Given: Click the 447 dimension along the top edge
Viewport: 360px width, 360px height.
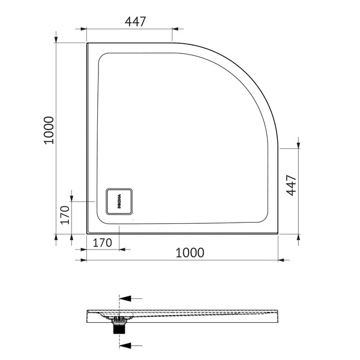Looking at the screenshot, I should coord(136,21).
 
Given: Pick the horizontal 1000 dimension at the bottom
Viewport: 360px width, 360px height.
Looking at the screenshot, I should coord(190,253).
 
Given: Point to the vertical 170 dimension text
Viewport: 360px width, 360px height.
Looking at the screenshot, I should coord(65,214).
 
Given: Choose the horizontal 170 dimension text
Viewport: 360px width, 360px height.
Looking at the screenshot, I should coord(103,244).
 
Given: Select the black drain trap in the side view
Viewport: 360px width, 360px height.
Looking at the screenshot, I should coord(118,326).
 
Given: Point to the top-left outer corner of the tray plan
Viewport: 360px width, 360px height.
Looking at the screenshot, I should coord(88,43).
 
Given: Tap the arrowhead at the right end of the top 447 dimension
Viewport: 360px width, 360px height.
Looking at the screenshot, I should coord(175,29).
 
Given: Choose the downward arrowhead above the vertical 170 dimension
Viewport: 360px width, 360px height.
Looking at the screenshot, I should coord(71,197).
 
